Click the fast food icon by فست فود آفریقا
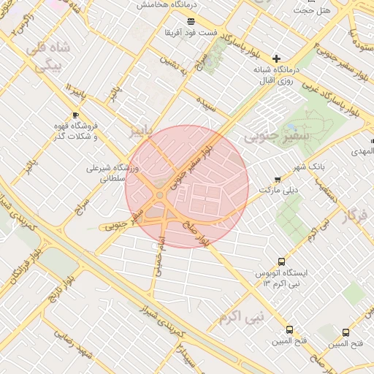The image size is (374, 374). tap(191, 21)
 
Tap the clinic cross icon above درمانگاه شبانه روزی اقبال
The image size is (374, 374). tap(276, 58)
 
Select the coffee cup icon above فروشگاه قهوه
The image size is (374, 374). tap(76, 115)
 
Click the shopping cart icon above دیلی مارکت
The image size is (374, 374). tap(277, 179)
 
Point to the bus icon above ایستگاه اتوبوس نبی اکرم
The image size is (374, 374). tap(282, 262)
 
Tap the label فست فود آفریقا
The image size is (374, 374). tap(191, 33)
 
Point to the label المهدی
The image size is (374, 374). tap(363, 151)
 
